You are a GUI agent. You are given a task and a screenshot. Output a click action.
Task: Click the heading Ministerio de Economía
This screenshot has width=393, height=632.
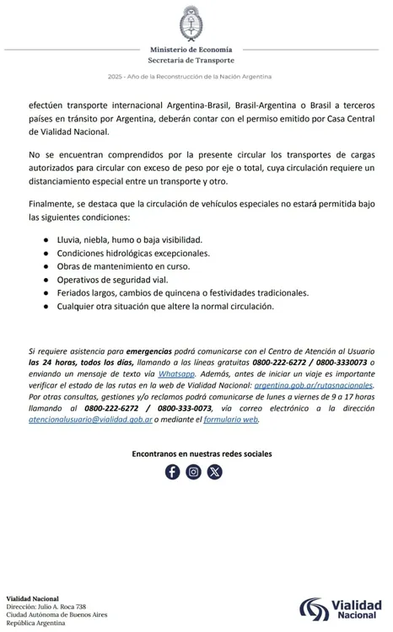point(196,50)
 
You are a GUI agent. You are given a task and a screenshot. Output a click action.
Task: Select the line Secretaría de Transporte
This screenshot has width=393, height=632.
point(196,60)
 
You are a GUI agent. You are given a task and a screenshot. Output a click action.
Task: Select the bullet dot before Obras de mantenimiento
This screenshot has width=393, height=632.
point(45,266)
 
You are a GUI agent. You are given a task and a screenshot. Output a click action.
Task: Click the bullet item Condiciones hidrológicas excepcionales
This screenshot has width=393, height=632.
point(133,253)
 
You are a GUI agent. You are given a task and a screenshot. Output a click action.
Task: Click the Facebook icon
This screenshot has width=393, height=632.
point(172,472)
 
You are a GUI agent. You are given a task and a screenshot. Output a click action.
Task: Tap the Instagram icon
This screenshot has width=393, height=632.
point(194,472)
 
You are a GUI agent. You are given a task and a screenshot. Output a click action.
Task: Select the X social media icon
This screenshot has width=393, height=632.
point(215,472)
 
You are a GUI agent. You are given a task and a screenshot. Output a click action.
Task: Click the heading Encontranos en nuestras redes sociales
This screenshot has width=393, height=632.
point(202,453)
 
